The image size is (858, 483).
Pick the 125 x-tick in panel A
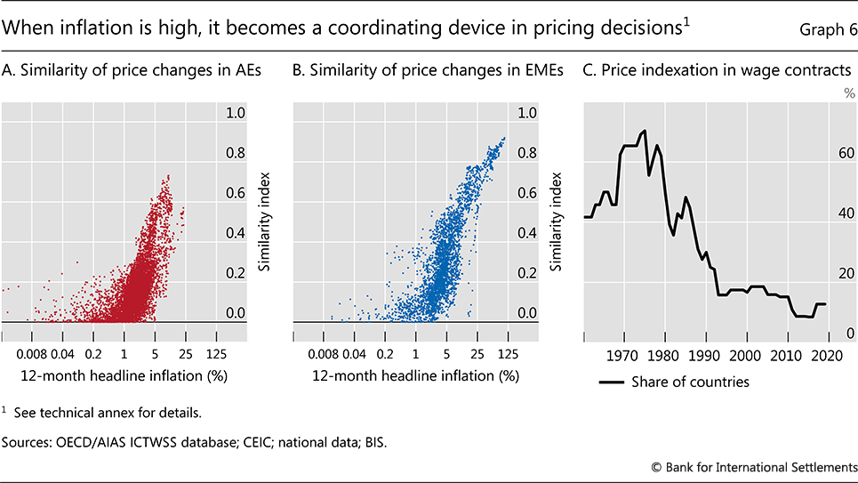(x=216, y=353)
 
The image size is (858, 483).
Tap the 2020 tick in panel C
(x=827, y=356)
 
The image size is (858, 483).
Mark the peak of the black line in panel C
(x=644, y=131)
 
